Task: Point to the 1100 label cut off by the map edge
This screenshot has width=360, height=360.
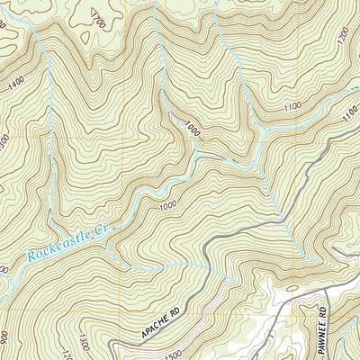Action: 351,115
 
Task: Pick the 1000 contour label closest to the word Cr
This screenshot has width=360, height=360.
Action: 167,206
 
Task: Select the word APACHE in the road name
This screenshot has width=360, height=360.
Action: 156,328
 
